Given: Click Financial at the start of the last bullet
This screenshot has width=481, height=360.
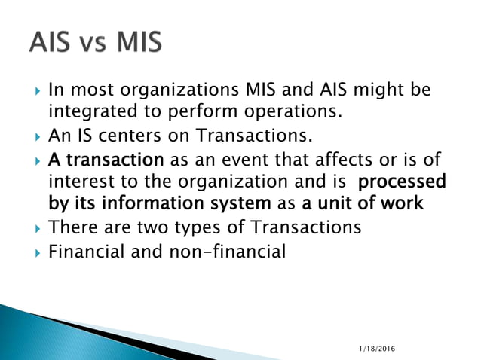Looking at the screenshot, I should tap(82, 251).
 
